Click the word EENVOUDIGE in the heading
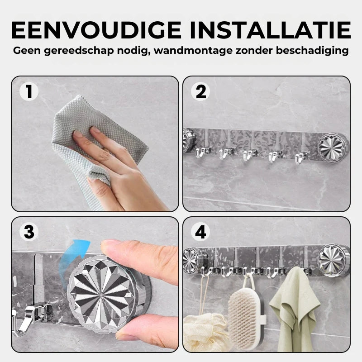point(96,30)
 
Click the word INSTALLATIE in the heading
point(270,30)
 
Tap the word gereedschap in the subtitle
point(79,51)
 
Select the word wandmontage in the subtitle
point(193,51)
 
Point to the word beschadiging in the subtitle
point(312,50)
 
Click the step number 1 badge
point(29,92)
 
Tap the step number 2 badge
point(200,92)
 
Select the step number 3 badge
point(29,232)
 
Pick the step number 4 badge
point(200,232)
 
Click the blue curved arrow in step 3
point(69,256)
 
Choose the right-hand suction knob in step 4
point(333,260)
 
